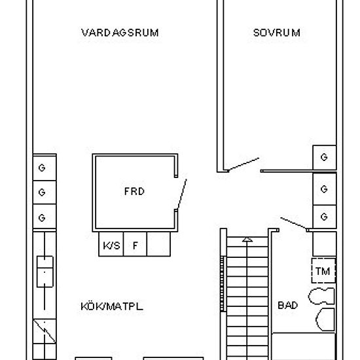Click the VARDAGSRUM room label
(x=120, y=33)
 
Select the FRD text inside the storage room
(x=134, y=192)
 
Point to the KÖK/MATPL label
(x=112, y=306)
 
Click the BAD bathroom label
(x=287, y=305)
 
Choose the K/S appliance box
(x=110, y=246)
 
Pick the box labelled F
(x=135, y=246)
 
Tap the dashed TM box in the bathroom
(x=323, y=270)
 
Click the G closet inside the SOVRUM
(x=324, y=157)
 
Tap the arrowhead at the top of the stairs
(x=247, y=240)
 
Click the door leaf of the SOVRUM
(x=242, y=164)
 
